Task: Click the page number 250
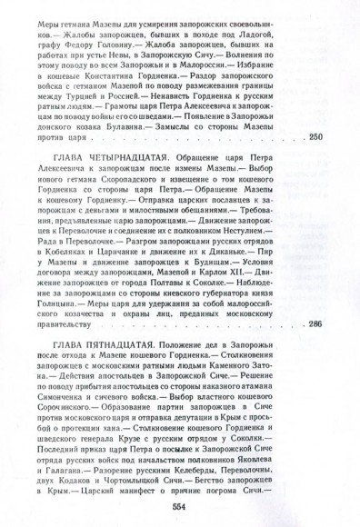point(315,136)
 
